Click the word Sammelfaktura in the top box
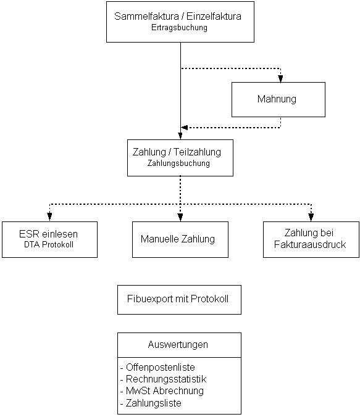(146, 16)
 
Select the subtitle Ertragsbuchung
(179, 27)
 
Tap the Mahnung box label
(277, 99)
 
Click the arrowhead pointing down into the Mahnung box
(280, 78)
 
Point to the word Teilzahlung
(198, 152)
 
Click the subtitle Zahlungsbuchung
(178, 163)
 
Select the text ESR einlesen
(48, 234)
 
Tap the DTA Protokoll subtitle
(49, 244)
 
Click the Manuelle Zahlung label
(178, 239)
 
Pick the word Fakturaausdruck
(310, 244)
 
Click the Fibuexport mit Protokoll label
(178, 299)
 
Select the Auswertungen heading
(178, 345)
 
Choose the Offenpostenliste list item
(161, 367)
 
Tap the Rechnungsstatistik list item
(166, 379)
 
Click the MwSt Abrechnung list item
(165, 390)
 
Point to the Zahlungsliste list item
(154, 403)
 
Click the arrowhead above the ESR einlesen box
(49, 217)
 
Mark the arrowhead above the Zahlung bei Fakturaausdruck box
(311, 217)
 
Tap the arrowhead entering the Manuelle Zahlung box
(180, 217)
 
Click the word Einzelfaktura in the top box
(214, 16)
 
